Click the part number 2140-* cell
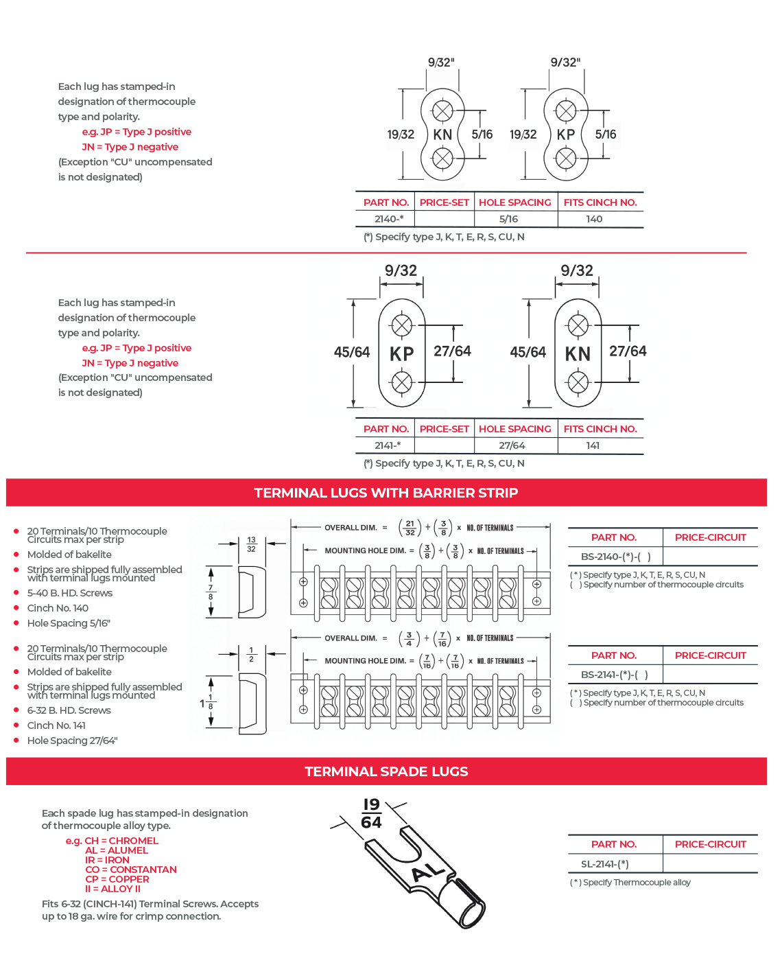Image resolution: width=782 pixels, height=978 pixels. [389, 219]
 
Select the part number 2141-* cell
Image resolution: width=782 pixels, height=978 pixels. [388, 445]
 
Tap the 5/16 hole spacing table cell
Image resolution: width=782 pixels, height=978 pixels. [508, 219]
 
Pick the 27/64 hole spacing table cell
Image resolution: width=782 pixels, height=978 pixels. [512, 445]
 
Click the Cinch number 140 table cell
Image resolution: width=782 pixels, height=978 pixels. [594, 219]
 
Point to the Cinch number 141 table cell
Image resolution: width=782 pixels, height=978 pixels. [593, 445]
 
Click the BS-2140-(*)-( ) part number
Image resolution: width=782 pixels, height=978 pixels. [615, 557]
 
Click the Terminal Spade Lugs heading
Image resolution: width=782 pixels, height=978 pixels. [386, 771]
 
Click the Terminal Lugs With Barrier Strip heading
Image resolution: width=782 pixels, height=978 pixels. [386, 493]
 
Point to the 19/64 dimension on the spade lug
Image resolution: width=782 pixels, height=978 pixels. [371, 813]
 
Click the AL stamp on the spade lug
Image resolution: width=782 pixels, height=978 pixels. [428, 871]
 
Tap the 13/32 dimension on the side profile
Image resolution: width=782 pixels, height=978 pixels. [251, 544]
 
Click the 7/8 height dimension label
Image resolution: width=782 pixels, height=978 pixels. [211, 592]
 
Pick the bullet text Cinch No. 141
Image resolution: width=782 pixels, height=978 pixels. [56, 725]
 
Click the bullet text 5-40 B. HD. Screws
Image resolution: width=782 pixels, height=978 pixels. [69, 593]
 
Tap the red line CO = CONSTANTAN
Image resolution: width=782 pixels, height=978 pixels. [131, 870]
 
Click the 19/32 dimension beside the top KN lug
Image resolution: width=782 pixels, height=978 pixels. [401, 135]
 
